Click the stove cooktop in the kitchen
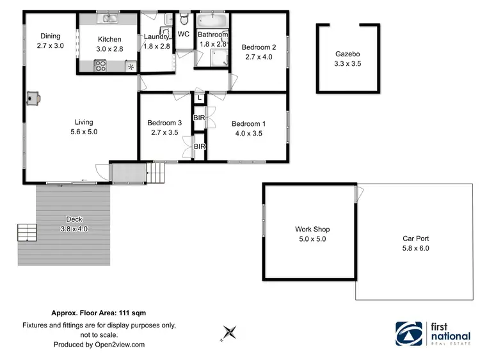[100, 64]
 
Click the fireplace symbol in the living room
[33, 98]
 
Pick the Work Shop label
[312, 229]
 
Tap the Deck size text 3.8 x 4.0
[74, 228]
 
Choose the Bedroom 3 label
[164, 123]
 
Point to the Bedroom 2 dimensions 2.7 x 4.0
[259, 56]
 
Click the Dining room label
[51, 36]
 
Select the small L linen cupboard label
[200, 98]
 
